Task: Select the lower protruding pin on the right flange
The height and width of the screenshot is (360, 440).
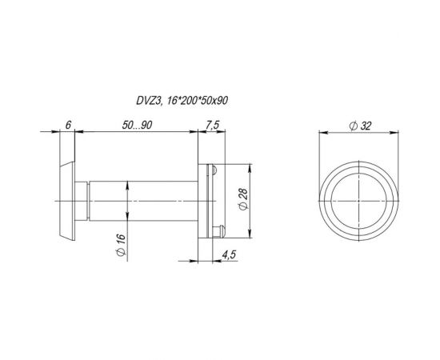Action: pos(217,230)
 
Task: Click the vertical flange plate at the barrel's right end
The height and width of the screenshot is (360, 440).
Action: pos(201,198)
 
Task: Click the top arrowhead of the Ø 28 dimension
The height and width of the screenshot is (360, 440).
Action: pos(254,167)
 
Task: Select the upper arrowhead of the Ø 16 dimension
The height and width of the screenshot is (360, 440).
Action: pos(128,185)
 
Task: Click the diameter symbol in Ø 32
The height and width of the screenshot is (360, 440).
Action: pos(354,125)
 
